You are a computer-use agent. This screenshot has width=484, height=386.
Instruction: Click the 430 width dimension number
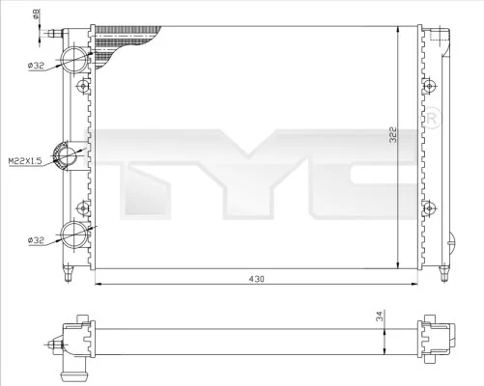(x=255, y=278)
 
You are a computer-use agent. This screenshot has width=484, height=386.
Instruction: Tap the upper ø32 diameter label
(x=37, y=67)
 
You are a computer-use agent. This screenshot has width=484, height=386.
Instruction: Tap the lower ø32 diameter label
(x=37, y=238)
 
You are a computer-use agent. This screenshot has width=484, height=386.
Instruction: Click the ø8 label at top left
(x=37, y=13)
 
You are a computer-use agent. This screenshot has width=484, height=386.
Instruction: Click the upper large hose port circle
(x=73, y=60)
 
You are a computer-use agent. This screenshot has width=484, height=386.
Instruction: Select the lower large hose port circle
(x=73, y=232)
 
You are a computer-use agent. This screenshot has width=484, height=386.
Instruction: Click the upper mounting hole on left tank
(x=83, y=86)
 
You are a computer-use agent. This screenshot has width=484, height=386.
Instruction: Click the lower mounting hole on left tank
(x=83, y=206)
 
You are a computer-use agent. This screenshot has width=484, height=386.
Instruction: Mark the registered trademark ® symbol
(x=434, y=121)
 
